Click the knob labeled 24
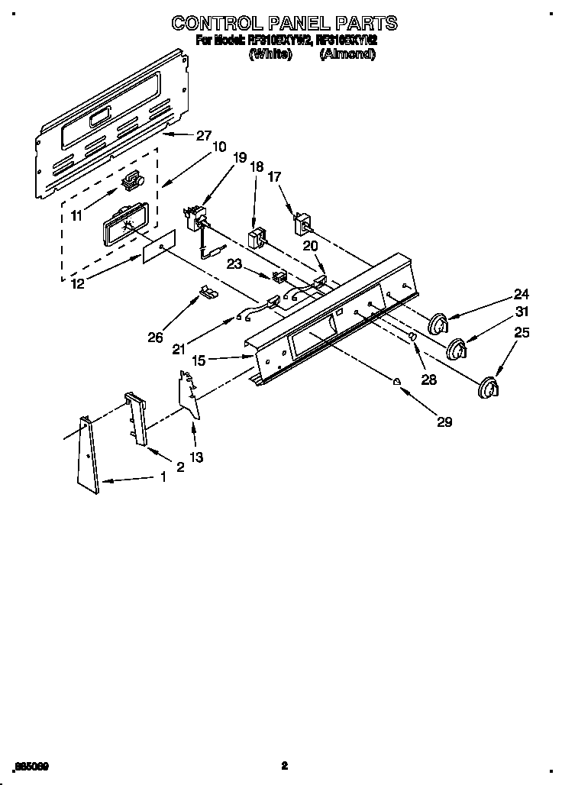(438, 324)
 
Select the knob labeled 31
(457, 349)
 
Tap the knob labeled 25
(486, 387)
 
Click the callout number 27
(203, 136)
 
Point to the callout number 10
(218, 147)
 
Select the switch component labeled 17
(304, 224)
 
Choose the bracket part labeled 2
(136, 418)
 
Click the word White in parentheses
(271, 54)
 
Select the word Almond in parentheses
(347, 54)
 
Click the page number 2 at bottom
(284, 765)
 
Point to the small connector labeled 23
(279, 276)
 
